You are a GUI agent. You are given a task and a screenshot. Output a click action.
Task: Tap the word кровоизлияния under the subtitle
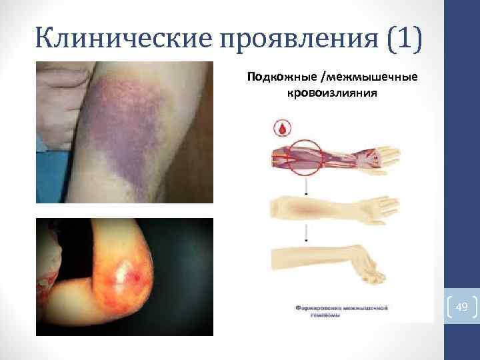[x=332, y=93]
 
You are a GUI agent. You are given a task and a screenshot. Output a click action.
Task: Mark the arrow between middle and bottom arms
[x=307, y=233]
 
